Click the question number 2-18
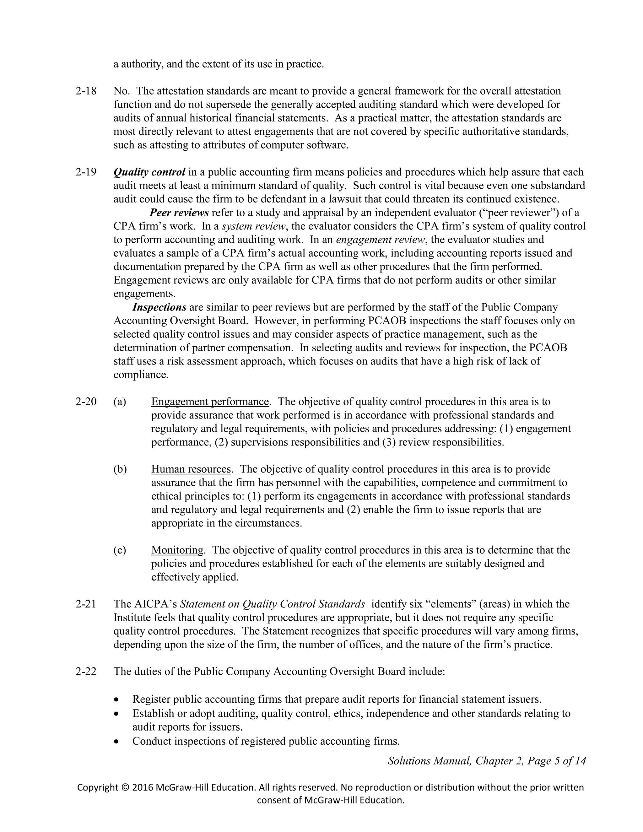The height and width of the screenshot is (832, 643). (x=86, y=91)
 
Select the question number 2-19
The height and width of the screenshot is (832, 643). (x=86, y=172)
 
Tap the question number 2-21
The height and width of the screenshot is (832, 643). (x=86, y=604)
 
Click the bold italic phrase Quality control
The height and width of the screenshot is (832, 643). (x=149, y=172)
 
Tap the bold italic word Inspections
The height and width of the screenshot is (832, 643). (x=159, y=307)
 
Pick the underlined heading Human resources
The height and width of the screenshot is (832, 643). (x=191, y=469)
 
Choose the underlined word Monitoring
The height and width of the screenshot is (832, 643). (x=177, y=550)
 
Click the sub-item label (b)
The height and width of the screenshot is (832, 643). (x=120, y=469)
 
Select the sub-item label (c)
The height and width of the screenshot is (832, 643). (x=120, y=550)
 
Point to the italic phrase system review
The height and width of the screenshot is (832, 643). (x=253, y=226)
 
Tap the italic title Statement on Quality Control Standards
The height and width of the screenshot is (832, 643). (x=272, y=604)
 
